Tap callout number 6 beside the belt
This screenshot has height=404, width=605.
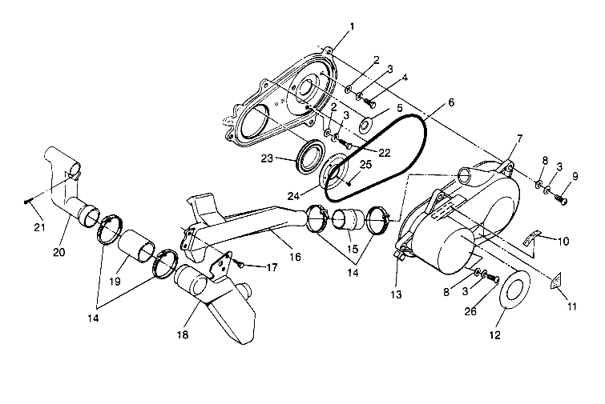[451, 102]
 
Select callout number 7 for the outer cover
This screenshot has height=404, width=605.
[519, 139]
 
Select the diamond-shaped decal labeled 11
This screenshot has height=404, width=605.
[553, 282]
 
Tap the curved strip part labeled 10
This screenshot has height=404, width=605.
[526, 238]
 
